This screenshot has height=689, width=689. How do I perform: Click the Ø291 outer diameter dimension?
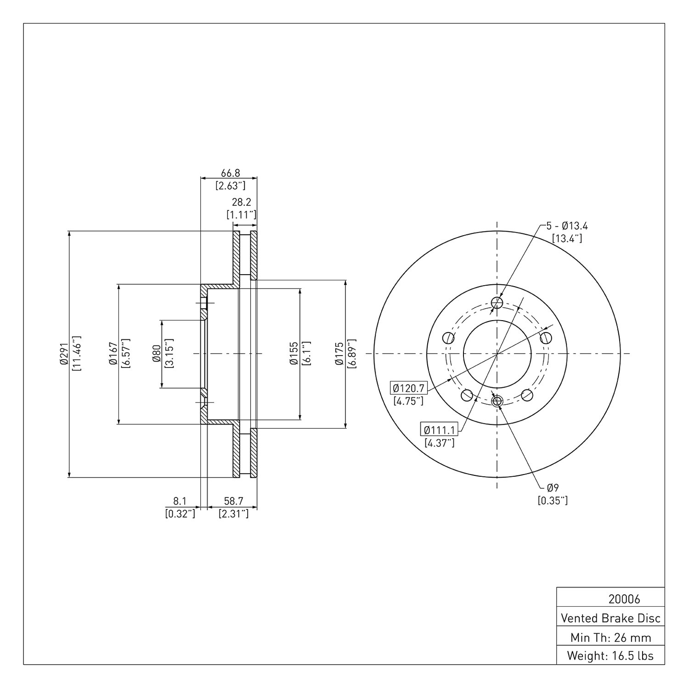point(64,354)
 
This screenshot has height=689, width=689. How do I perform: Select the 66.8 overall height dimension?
point(231,173)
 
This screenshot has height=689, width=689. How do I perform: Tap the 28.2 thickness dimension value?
point(242,202)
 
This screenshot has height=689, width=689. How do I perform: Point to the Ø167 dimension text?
point(113,354)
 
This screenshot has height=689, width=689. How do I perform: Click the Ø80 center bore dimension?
point(156,354)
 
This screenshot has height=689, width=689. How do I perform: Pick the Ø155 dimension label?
point(294,354)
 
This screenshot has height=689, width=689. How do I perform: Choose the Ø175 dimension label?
point(339,354)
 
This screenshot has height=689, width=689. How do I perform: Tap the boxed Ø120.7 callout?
point(408,388)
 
